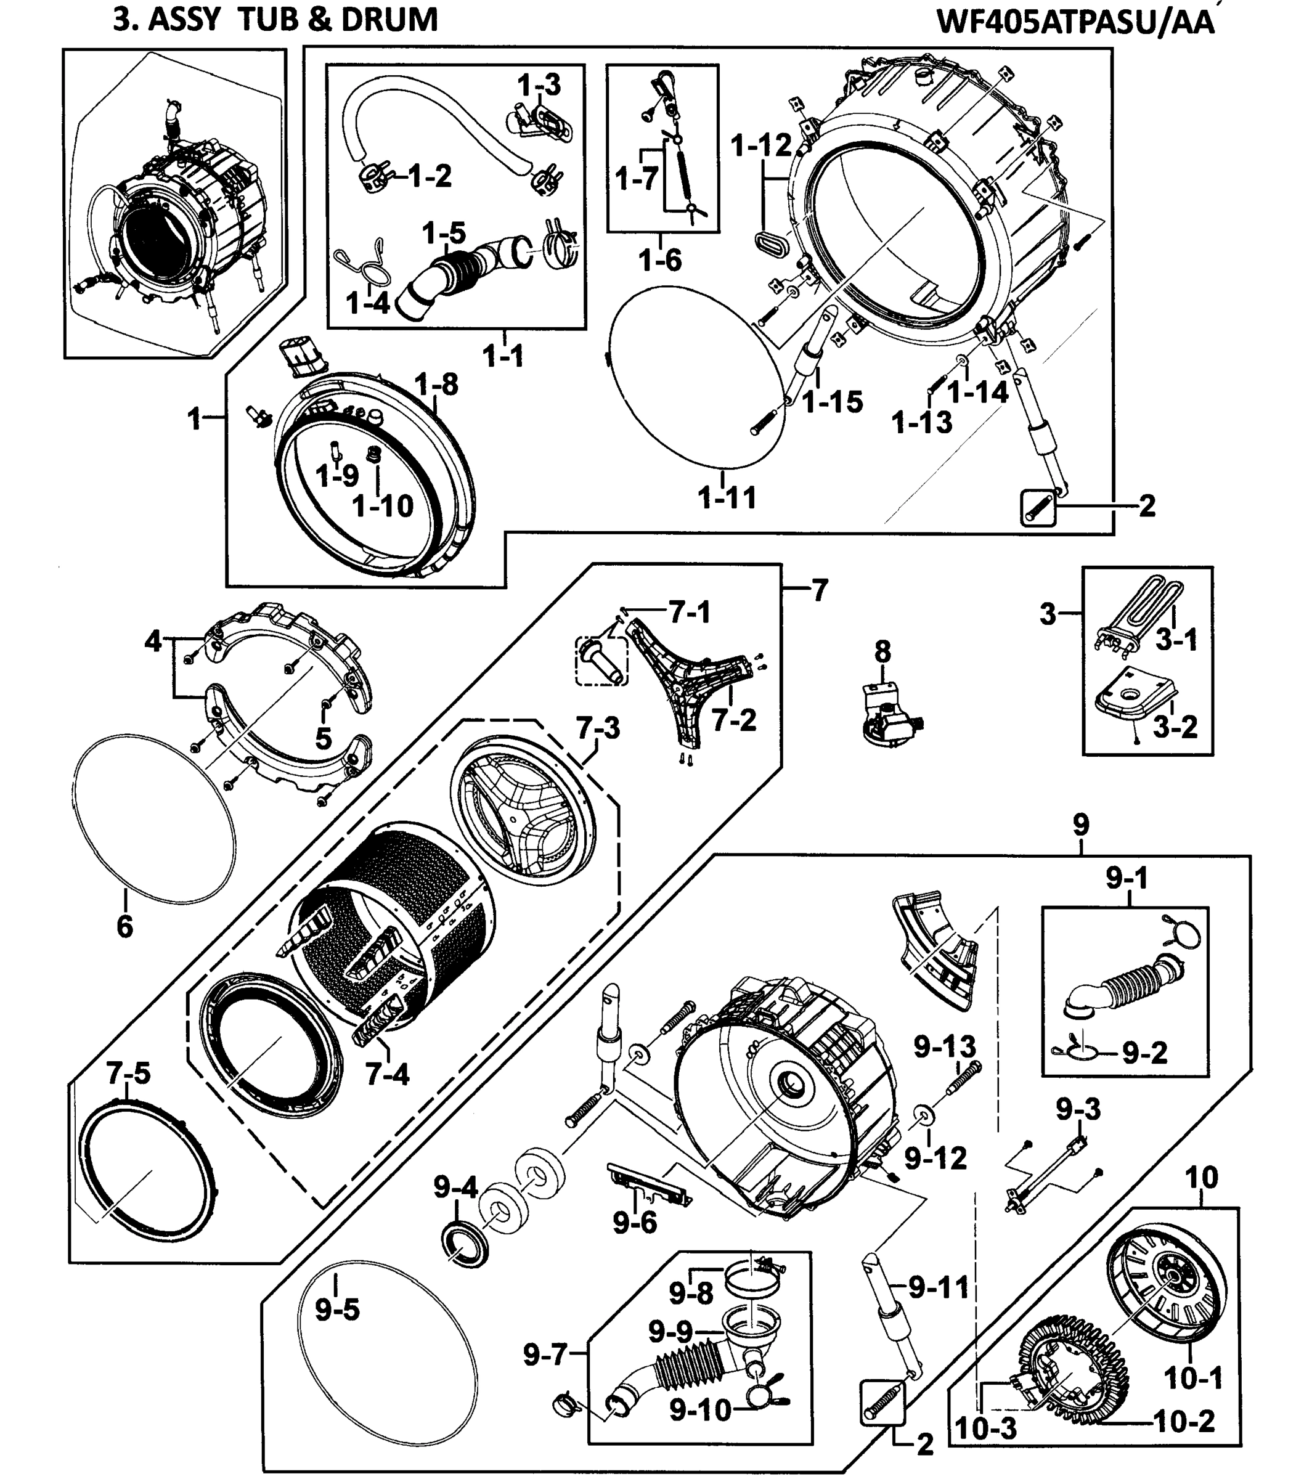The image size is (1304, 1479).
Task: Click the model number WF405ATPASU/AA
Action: point(1075,22)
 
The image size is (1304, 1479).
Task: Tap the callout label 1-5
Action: point(444,234)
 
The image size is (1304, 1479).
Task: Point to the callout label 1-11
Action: point(727,498)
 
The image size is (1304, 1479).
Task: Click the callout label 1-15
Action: point(833,402)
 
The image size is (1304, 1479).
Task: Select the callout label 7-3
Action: point(598,728)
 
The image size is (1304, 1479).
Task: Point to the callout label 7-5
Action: point(128,1073)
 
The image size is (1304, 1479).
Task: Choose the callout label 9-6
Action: point(634,1222)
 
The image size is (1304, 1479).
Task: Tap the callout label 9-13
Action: point(944,1047)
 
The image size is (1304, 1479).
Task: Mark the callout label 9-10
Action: point(700,1410)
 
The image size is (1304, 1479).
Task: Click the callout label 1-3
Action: point(539,86)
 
